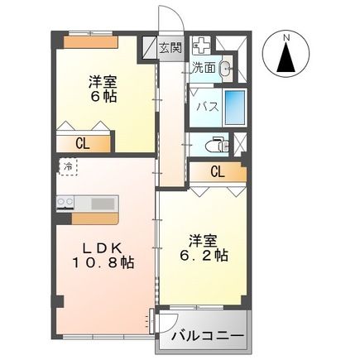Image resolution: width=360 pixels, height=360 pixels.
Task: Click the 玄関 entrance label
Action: pyautogui.click(x=170, y=49)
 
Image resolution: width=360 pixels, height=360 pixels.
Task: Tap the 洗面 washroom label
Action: pyautogui.click(x=204, y=68)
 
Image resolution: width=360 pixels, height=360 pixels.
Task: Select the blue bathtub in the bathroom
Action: pyautogui.click(x=235, y=108)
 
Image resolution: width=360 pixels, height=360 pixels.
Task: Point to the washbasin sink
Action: pyautogui.click(x=226, y=68)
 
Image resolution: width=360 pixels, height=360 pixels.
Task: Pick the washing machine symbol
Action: pyautogui.click(x=201, y=46)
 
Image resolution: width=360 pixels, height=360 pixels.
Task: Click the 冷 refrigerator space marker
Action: pyautogui.click(x=68, y=166)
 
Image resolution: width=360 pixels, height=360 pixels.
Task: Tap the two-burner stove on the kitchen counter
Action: pyautogui.click(x=65, y=203)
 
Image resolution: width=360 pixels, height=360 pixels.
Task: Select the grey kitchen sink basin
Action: pyautogui.click(x=103, y=204)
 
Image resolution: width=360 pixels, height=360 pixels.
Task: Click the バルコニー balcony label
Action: pyautogui.click(x=208, y=337)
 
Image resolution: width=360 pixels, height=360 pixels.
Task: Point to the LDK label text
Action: pyautogui.click(x=103, y=249)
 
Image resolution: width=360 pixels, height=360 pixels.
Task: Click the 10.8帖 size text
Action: pyautogui.click(x=103, y=263)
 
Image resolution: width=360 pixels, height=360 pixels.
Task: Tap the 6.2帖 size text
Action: pyautogui.click(x=204, y=256)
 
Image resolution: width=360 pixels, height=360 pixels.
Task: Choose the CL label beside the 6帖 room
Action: pyautogui.click(x=83, y=143)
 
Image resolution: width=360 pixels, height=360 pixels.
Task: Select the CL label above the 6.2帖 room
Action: pyautogui.click(x=218, y=172)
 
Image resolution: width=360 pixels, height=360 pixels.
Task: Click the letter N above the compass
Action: pyautogui.click(x=286, y=38)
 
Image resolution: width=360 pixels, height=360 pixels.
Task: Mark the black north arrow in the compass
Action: pyautogui.click(x=286, y=58)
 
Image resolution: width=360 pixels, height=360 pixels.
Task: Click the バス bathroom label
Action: pyautogui.click(x=208, y=107)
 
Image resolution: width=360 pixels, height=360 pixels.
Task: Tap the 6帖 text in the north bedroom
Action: pyautogui.click(x=103, y=97)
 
